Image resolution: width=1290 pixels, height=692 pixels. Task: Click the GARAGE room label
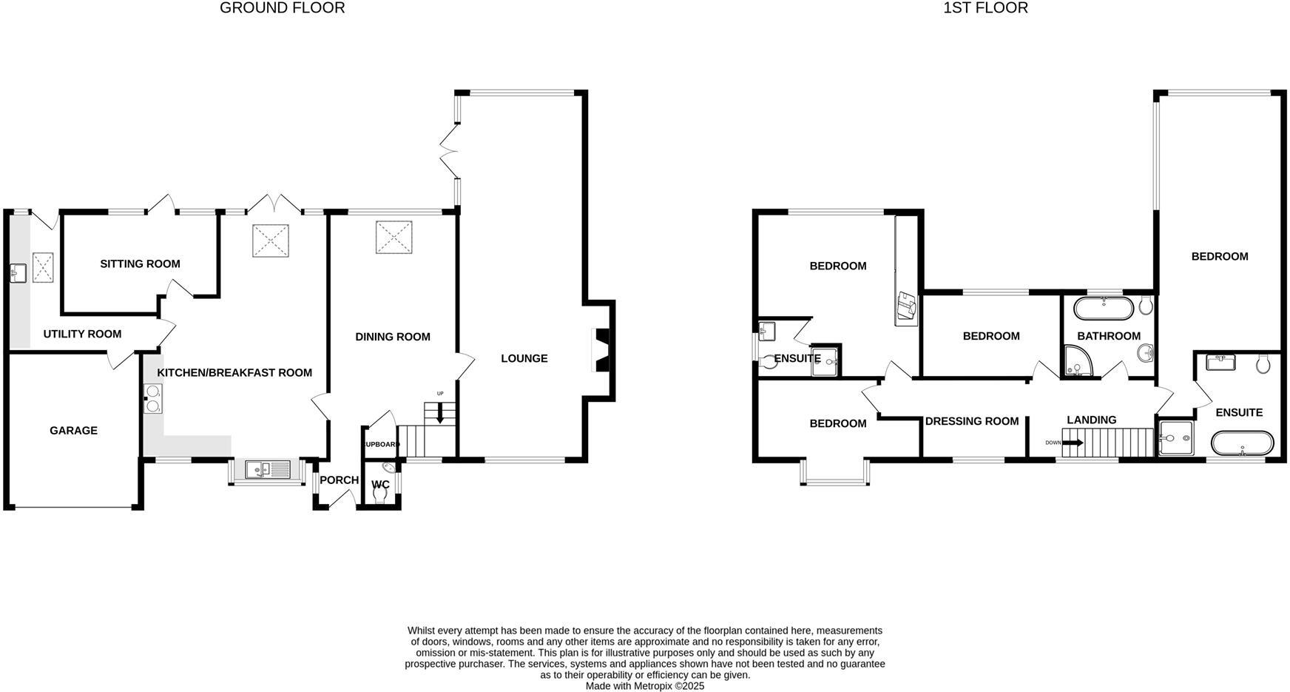(73, 431)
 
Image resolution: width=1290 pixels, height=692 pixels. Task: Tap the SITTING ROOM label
(140, 264)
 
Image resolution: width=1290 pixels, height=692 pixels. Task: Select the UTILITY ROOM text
(82, 335)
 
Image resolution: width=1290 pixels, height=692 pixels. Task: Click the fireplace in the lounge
(601, 350)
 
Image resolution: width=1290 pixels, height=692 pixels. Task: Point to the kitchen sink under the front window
(268, 469)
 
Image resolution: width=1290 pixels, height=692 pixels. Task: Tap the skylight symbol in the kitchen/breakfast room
(270, 241)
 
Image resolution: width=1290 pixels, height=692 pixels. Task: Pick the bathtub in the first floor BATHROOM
(1102, 308)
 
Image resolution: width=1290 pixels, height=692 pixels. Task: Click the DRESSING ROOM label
(971, 422)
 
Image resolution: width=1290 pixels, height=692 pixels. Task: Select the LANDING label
(1091, 420)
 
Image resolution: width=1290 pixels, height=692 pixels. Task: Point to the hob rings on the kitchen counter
(153, 399)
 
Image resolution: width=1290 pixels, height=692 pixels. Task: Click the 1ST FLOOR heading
(985, 8)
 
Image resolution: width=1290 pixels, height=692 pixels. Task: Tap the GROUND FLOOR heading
(282, 8)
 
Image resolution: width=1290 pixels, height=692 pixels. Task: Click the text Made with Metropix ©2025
(644, 686)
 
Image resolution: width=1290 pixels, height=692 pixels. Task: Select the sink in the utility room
(18, 273)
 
